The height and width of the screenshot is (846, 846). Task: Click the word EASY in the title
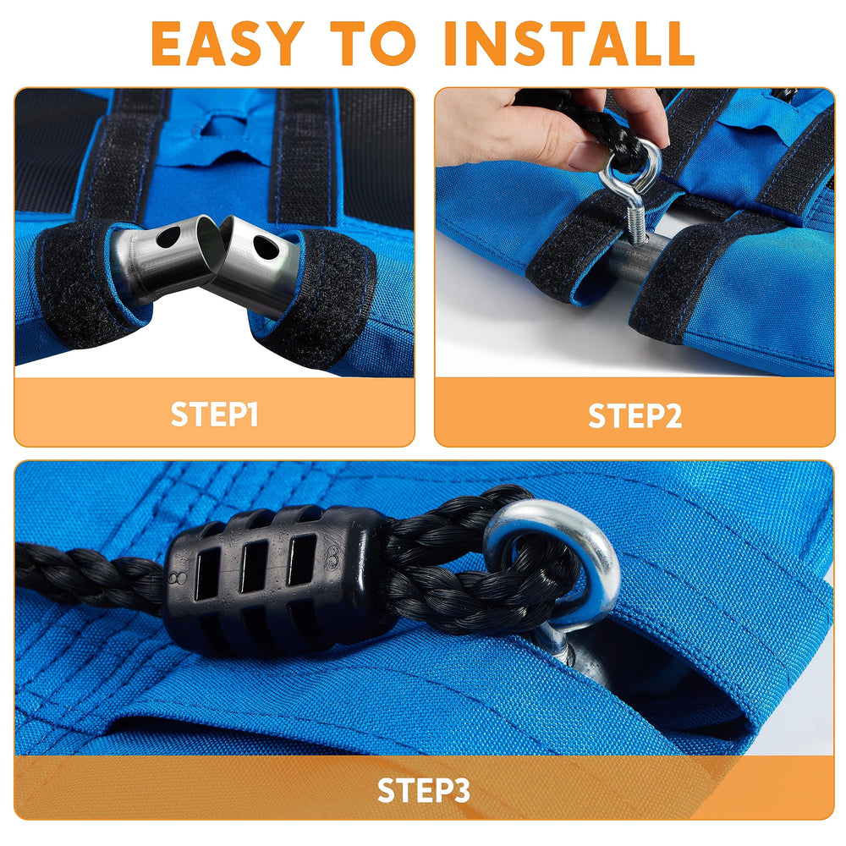[x=228, y=43]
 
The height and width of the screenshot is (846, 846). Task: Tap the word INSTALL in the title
[x=569, y=43]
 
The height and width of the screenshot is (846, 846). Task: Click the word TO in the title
[x=373, y=43]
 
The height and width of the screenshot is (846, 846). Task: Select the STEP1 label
[x=214, y=414]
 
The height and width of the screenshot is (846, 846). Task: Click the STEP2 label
[x=634, y=416]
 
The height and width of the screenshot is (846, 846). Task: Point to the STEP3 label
[x=424, y=790]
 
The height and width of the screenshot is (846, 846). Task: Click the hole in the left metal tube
[x=169, y=237]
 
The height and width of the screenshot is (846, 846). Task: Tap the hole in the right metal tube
[x=266, y=247]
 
